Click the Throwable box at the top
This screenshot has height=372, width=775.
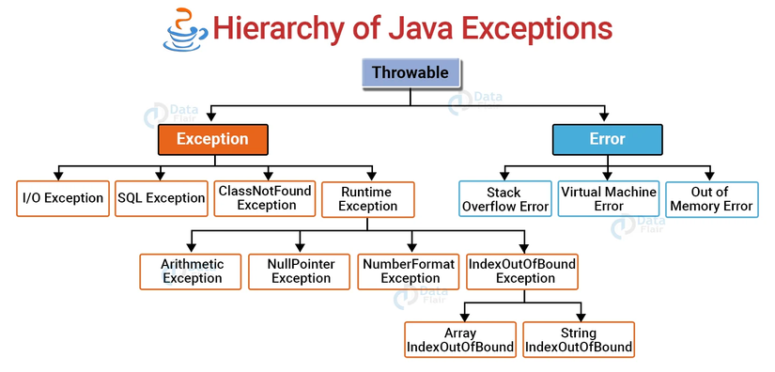(x=410, y=72)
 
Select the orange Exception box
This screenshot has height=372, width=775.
(x=213, y=139)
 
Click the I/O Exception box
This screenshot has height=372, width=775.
(x=63, y=198)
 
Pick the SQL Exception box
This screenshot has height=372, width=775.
(x=161, y=198)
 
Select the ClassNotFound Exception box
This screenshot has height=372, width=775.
(x=264, y=198)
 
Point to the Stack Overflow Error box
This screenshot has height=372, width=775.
(x=504, y=198)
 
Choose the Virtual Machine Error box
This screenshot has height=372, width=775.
(x=607, y=198)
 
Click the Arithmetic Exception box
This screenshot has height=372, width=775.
(x=193, y=271)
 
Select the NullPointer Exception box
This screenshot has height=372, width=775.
(x=301, y=271)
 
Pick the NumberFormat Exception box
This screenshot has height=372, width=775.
(x=411, y=271)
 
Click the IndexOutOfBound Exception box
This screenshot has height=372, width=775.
(x=522, y=271)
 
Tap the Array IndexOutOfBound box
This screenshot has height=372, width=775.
(x=460, y=340)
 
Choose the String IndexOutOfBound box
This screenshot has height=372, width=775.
(x=578, y=340)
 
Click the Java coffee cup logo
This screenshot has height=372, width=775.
(x=179, y=28)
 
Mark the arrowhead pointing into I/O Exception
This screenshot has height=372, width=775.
(x=59, y=176)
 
